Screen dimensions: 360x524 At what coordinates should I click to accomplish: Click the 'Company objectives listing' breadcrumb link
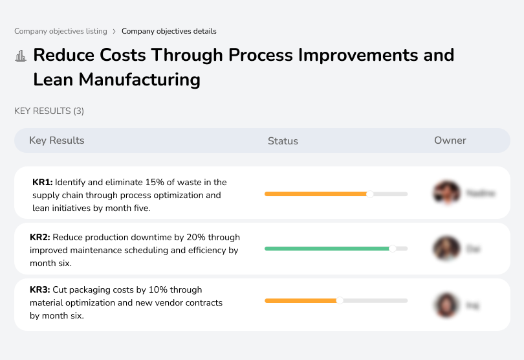point(60,31)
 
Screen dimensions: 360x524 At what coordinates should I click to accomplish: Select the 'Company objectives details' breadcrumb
point(169,31)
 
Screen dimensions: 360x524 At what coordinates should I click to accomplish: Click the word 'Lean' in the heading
point(53,80)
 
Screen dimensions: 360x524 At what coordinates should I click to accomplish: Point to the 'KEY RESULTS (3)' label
point(49,111)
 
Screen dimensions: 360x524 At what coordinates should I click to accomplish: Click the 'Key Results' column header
point(56,141)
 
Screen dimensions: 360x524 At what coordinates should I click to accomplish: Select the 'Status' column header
point(283,141)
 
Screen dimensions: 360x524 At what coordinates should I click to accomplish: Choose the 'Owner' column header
point(450,141)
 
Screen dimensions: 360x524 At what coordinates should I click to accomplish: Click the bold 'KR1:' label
point(42,183)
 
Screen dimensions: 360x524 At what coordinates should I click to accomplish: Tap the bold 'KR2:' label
point(40,238)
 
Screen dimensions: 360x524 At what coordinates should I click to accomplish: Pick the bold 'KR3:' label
point(40,290)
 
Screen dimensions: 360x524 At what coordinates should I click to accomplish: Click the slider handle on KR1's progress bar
point(370,194)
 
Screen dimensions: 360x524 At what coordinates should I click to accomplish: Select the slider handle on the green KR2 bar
point(392,248)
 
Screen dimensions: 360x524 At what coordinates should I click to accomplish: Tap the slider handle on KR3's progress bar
point(340,300)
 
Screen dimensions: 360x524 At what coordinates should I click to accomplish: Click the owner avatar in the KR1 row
point(446,193)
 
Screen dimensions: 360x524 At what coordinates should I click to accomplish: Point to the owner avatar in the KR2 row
point(446,248)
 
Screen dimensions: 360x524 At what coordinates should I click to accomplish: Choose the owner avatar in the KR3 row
point(446,304)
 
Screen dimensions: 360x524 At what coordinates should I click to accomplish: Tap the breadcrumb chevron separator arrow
point(114,31)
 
